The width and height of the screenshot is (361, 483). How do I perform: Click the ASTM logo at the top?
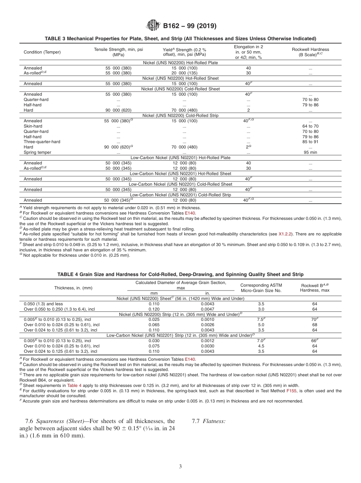point(154,26)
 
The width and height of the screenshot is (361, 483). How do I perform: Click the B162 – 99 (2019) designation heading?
point(190,26)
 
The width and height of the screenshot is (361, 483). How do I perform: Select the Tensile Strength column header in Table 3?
point(119,52)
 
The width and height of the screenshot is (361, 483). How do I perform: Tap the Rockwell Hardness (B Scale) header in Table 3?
point(310,52)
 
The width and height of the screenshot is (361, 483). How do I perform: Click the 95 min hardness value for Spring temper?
point(310,152)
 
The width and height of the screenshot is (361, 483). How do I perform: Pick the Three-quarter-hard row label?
point(42,142)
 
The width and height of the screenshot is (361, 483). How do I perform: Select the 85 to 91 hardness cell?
point(310,142)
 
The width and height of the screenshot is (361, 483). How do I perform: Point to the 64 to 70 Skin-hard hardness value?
point(310,126)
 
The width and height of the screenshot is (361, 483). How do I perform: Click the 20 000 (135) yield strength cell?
point(184,73)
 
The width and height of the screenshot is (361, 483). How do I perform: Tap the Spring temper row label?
point(37,152)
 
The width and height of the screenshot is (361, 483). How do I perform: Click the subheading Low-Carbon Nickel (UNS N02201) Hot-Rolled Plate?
point(180,158)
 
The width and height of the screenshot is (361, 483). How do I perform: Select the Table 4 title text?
point(180,274)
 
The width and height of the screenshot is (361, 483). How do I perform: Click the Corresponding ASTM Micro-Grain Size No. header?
point(261,288)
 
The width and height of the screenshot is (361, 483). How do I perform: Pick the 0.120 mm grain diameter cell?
point(154,309)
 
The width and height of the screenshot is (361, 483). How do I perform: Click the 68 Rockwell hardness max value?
point(314,325)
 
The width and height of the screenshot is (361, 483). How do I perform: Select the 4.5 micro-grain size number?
point(261,346)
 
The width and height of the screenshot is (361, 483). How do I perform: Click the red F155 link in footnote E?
point(291,390)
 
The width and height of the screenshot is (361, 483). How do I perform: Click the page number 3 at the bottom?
point(180,467)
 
